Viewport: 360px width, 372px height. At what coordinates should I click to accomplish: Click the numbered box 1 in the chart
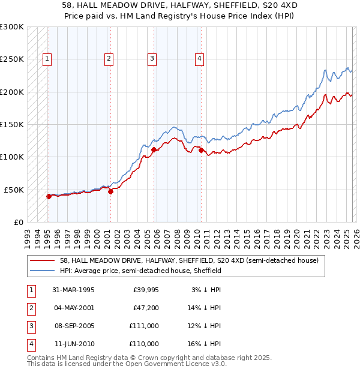(x=47, y=58)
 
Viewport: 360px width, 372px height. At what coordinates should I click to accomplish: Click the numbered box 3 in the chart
(x=152, y=58)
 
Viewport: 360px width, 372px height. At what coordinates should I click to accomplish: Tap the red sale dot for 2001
(x=110, y=191)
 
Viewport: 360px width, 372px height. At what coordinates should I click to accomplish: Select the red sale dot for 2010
(x=201, y=150)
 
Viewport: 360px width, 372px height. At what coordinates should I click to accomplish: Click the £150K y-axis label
(x=12, y=124)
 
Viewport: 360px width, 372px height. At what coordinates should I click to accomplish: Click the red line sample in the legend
(x=43, y=260)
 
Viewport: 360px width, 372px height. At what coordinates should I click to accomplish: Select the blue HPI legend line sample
(x=43, y=271)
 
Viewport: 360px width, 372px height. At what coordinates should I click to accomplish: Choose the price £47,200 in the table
(x=146, y=308)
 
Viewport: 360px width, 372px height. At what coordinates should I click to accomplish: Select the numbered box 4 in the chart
(x=199, y=58)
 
